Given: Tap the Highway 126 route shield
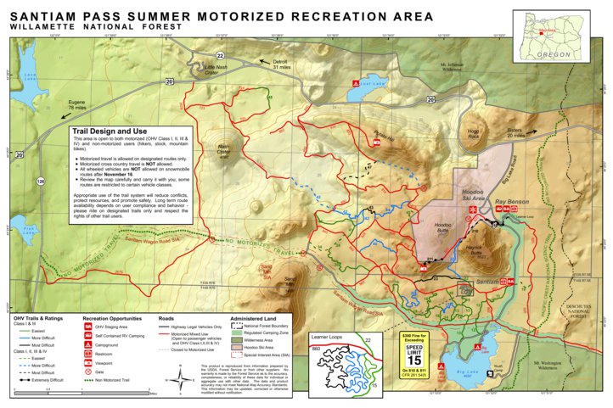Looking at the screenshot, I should (40, 181).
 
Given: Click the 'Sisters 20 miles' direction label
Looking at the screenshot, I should (515, 133).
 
